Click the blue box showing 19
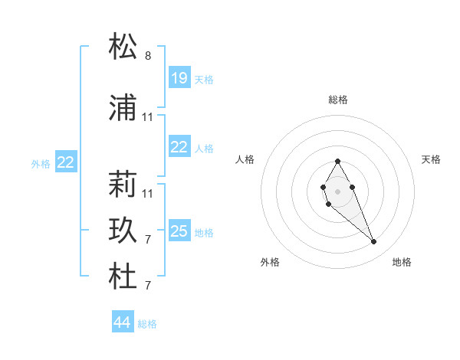coord(179,78)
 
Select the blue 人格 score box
coord(179,148)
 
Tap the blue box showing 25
coord(179,232)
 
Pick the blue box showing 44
coord(123,323)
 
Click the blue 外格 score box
coord(66,162)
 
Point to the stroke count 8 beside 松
coord(148,56)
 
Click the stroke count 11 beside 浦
coord(148,117)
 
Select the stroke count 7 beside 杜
coord(148,286)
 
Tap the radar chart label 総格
coord(338,100)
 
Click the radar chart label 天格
coord(432,159)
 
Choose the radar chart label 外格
coord(270,262)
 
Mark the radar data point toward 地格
coord(373,241)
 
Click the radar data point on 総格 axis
coord(337,161)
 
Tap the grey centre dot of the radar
coord(337,190)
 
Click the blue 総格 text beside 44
coord(147,324)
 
